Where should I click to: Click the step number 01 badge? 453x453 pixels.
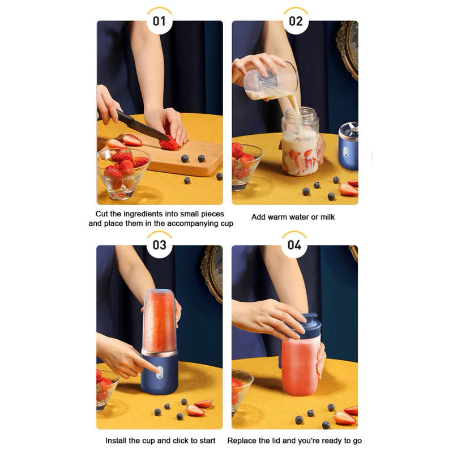(160, 22)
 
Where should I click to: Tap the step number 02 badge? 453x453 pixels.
(295, 22)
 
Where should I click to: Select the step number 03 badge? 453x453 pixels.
(160, 245)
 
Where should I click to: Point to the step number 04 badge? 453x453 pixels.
(294, 245)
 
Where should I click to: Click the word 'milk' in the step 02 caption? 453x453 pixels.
(334, 217)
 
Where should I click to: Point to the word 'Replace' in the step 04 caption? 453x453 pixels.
(242, 440)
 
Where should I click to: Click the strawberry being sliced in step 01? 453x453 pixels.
(169, 144)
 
